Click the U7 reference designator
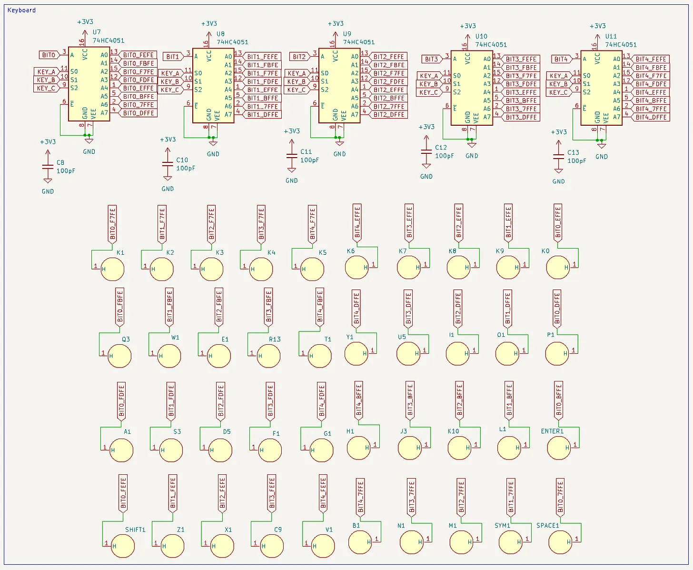coord(97,32)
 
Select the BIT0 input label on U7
coord(49,55)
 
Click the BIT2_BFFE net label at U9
coord(389,98)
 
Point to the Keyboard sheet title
coord(21,10)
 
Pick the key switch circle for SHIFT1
coord(123,546)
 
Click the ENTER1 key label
coord(552,431)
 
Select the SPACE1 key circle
coord(560,542)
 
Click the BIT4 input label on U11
coord(562,60)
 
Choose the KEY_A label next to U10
coord(429,76)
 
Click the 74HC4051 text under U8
coord(232,42)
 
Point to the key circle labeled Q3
coord(119,356)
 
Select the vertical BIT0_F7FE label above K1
coord(113,224)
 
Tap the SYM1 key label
coord(502,526)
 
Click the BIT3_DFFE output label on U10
coord(521,117)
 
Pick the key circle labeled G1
coord(321,450)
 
